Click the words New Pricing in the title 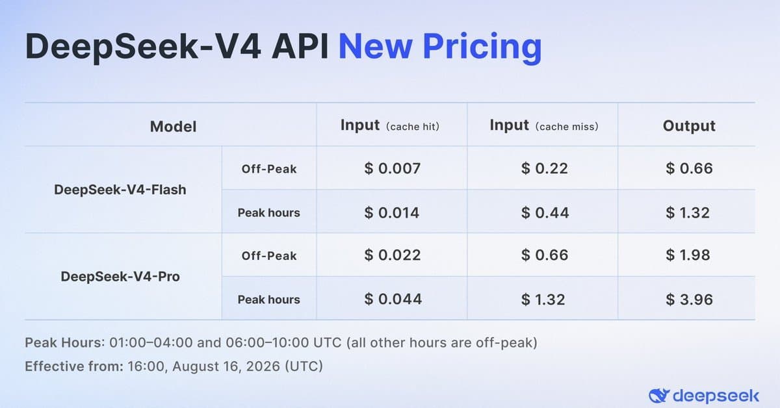pos(440,47)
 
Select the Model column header pos(173,127)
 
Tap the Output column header pos(689,125)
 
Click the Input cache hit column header pos(389,125)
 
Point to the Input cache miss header pos(544,125)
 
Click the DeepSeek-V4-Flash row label pos(120,190)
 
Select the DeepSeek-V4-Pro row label pos(120,276)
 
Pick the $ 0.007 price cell pos(392,168)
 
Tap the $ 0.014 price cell pos(392,212)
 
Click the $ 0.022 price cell pos(393,255)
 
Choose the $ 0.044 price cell pos(393,300)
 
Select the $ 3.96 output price pos(689,300)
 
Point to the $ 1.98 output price pos(688,255)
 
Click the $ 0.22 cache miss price pos(544,168)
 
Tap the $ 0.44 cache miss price pos(545,212)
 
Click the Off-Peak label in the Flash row pos(269,169)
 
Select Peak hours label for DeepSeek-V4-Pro pos(269,300)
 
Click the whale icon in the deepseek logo pos(659,396)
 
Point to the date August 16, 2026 pos(226,366)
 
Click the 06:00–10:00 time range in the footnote pos(267,343)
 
